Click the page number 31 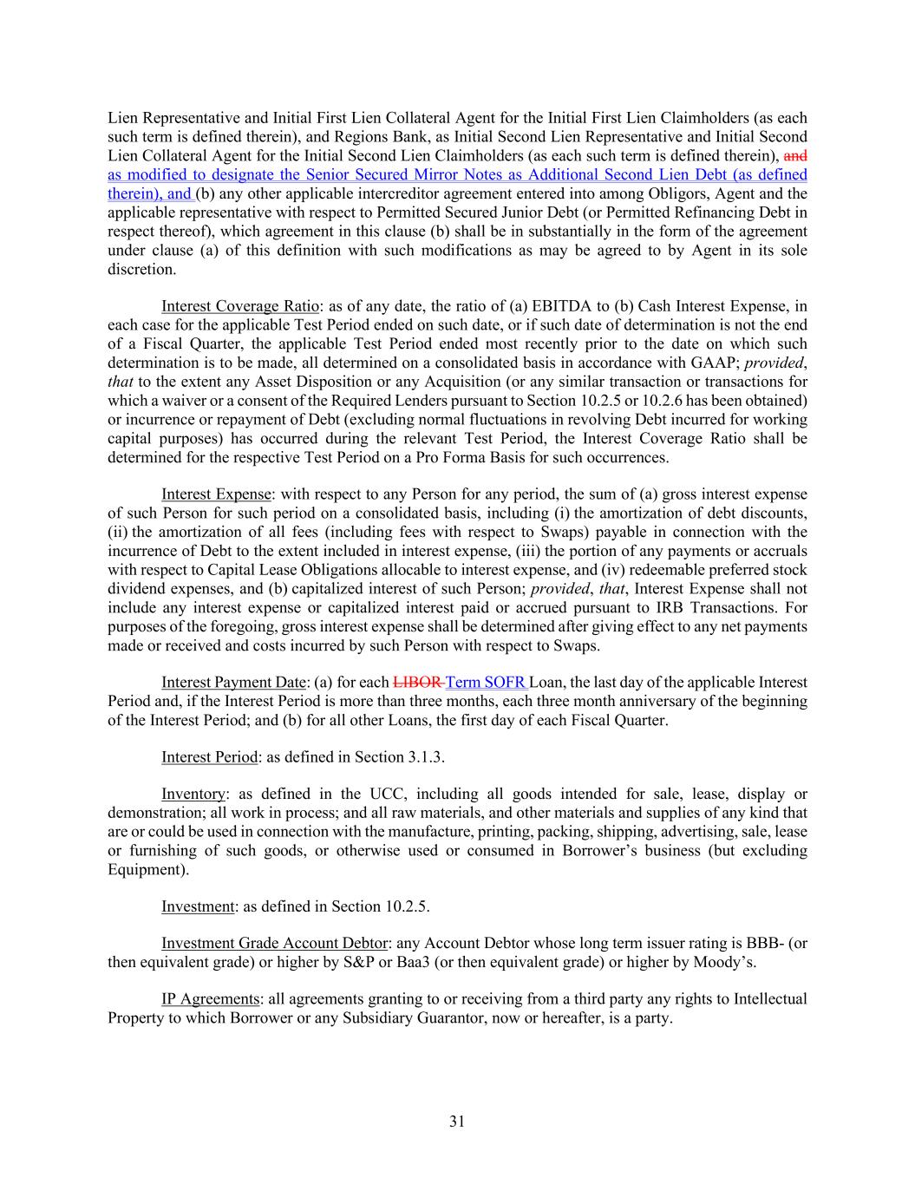point(457,1122)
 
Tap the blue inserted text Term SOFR point(484,683)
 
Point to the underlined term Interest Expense point(216,494)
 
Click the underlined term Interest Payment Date point(233,683)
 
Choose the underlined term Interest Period point(209,757)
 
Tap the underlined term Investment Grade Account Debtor point(273,943)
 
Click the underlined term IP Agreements point(210,999)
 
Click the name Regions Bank point(359,137)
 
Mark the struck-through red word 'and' point(795,156)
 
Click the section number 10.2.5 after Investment point(406,906)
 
